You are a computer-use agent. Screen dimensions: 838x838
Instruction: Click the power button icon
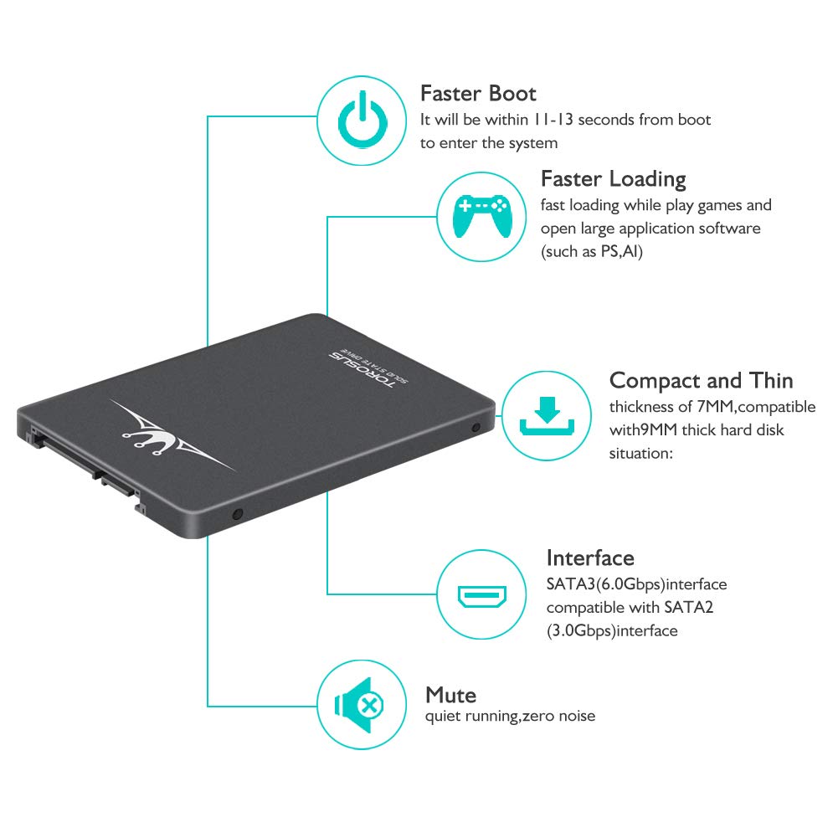click(363, 121)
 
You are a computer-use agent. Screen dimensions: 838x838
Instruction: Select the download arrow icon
click(546, 416)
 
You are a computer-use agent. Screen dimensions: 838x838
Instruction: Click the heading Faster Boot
click(478, 92)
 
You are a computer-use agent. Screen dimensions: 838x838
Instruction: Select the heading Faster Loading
click(613, 178)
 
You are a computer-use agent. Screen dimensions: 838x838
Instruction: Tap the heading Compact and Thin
click(701, 380)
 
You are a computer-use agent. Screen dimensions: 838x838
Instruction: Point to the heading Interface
click(590, 558)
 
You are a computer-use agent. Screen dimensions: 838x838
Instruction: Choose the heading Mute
click(450, 695)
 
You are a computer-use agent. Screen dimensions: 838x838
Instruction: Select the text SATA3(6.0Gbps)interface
click(636, 584)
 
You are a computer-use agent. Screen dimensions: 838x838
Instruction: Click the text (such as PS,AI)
click(591, 251)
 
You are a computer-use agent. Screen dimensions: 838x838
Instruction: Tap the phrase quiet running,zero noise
click(510, 716)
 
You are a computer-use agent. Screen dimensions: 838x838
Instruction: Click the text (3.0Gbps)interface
click(612, 630)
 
